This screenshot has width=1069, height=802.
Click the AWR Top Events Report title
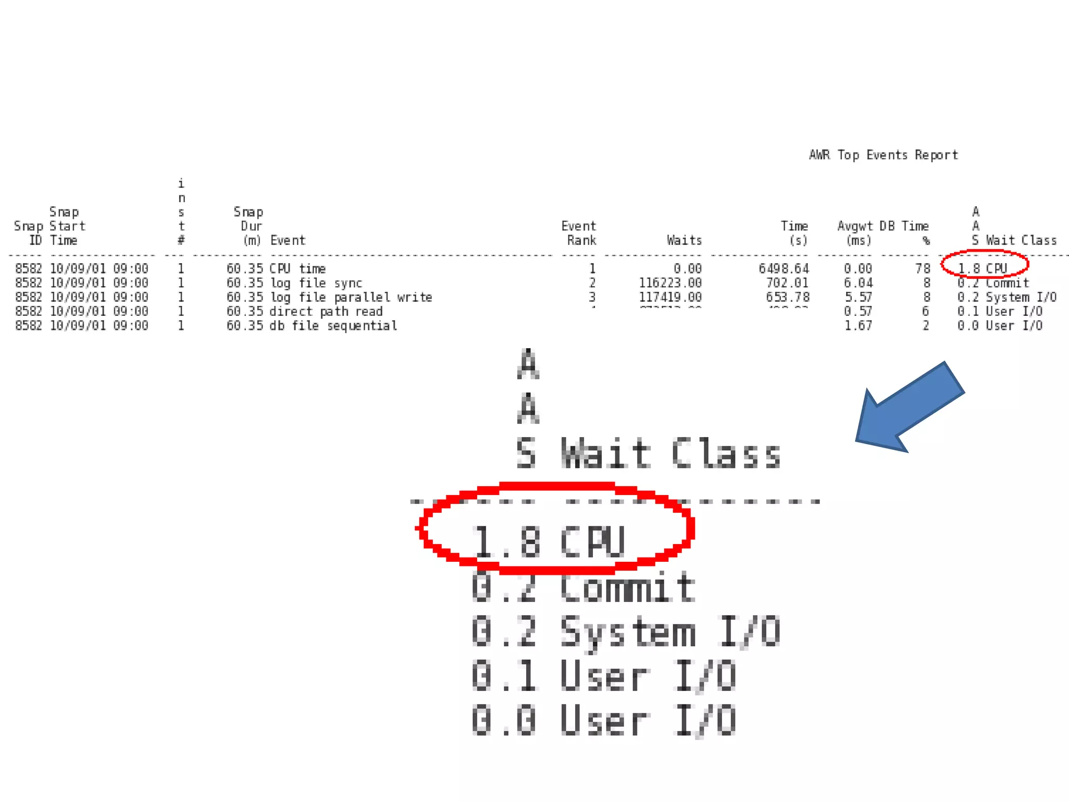tap(883, 155)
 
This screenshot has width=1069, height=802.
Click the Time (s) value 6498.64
tap(783, 268)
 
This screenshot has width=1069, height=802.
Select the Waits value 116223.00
tap(670, 283)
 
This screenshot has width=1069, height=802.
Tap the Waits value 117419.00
tap(670, 297)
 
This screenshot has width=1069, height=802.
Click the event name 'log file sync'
tap(316, 283)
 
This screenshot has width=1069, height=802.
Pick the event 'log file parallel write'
tap(351, 297)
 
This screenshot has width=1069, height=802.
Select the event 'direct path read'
tap(326, 311)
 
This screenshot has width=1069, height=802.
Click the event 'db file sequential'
tap(333, 326)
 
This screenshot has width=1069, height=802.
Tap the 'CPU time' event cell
tap(298, 268)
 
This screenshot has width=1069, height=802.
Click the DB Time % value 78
tap(922, 268)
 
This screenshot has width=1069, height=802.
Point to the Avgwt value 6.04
tap(858, 283)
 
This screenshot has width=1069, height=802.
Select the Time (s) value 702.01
tap(787, 283)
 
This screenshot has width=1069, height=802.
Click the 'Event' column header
tap(288, 240)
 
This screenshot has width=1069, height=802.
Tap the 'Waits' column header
tap(684, 240)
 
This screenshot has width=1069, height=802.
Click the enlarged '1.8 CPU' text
tap(548, 541)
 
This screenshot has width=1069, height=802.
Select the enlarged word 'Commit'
tap(626, 587)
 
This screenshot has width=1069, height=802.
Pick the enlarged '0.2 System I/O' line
tap(625, 632)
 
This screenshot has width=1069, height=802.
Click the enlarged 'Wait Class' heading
tap(670, 453)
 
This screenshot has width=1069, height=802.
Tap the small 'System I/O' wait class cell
tap(1020, 297)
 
